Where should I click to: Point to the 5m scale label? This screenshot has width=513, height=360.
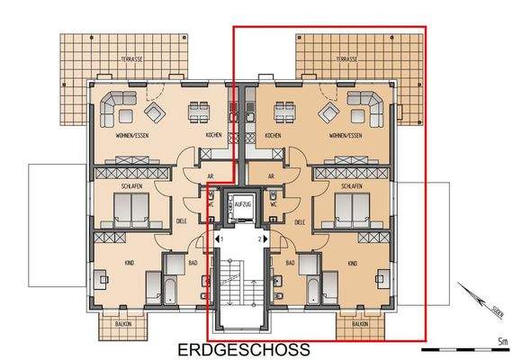pos(500,341)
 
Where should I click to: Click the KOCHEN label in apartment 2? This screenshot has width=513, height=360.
pos(273,135)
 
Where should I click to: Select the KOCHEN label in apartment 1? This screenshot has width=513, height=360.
pos(213,135)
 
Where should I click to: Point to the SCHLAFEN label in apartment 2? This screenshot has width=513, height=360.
pos(351,184)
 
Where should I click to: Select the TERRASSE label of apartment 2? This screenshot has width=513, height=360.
pos(346,58)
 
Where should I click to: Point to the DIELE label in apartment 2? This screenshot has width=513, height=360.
pos(300,221)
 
